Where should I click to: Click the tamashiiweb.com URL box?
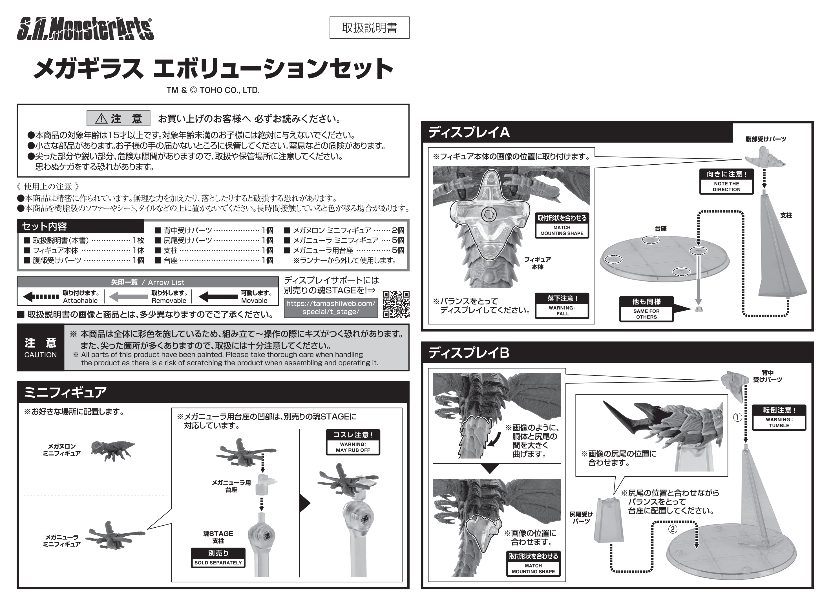(x=331, y=308)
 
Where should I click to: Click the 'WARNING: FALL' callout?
(x=562, y=306)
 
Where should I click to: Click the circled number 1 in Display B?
(x=737, y=417)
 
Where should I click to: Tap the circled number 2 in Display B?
(x=673, y=529)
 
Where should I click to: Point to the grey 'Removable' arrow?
(x=129, y=297)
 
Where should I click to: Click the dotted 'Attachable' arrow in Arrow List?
(x=41, y=297)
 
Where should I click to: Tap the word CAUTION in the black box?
(x=40, y=355)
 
